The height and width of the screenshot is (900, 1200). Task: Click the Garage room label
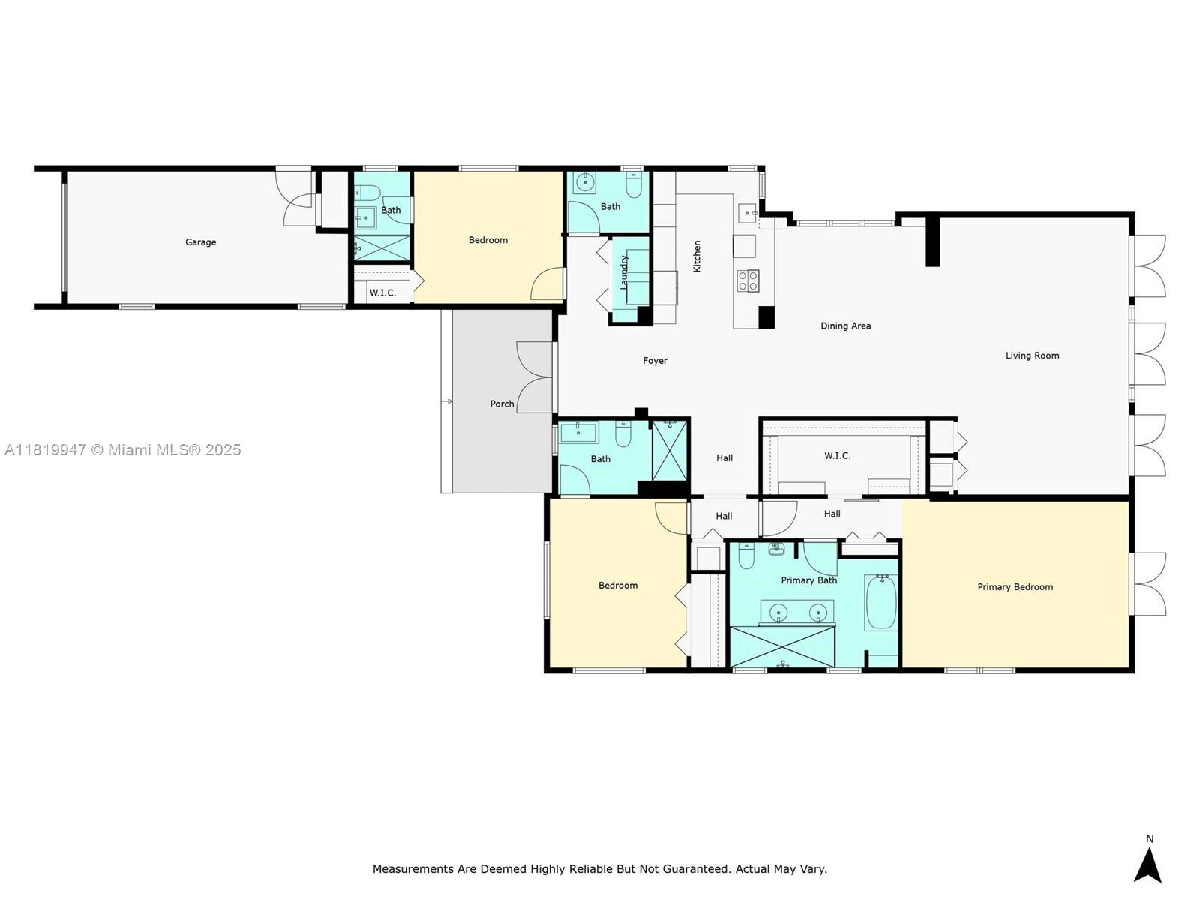(x=200, y=242)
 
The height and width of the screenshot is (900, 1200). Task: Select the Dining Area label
(x=845, y=325)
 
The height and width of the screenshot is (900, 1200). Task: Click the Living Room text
(x=1032, y=355)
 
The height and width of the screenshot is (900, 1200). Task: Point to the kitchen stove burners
(x=748, y=280)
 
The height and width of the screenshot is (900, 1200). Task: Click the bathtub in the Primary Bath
(x=881, y=603)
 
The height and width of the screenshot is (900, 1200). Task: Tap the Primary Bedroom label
(x=1015, y=587)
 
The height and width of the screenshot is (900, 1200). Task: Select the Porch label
(x=502, y=403)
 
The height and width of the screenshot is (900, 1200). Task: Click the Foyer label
(x=655, y=361)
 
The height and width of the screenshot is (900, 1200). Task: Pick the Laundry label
(x=623, y=272)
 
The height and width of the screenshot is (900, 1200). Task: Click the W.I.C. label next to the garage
(x=382, y=292)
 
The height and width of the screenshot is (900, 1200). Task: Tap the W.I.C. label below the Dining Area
(x=837, y=455)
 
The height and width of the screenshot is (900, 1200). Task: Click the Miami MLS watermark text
(x=122, y=450)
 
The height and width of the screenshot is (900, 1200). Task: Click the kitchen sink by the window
(x=748, y=213)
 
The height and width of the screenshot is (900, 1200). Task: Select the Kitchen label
(x=697, y=256)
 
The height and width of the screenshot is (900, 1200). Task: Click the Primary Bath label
(x=808, y=580)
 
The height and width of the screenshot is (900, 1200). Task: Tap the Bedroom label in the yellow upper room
(x=487, y=240)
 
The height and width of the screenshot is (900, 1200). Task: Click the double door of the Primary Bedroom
(x=1150, y=584)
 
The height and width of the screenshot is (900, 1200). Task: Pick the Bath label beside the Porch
(x=600, y=459)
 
